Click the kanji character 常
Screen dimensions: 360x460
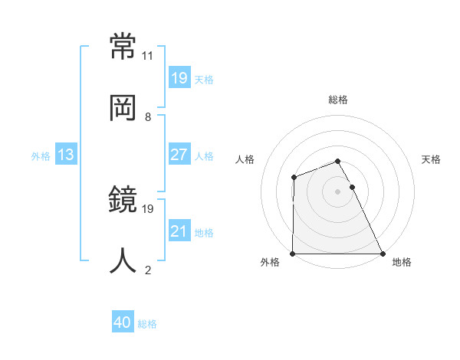(124, 48)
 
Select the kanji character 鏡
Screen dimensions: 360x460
(124, 201)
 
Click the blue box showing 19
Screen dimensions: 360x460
(179, 78)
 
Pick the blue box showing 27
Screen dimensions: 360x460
(179, 155)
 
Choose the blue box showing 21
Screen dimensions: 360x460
(179, 231)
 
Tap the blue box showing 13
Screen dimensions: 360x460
(66, 155)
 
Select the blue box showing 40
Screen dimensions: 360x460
(123, 323)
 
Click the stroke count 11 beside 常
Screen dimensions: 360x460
(148, 56)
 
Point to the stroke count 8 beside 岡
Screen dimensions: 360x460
(148, 116)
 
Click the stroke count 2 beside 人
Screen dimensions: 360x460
(148, 270)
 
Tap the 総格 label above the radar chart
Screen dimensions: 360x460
(338, 100)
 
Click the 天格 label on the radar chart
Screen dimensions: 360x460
(432, 159)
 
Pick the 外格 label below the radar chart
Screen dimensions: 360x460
(270, 262)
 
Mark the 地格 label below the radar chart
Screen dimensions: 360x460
(402, 262)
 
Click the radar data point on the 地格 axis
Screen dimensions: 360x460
(383, 254)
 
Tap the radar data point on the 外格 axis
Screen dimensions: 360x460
(293, 254)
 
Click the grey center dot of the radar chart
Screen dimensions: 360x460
(338, 191)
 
